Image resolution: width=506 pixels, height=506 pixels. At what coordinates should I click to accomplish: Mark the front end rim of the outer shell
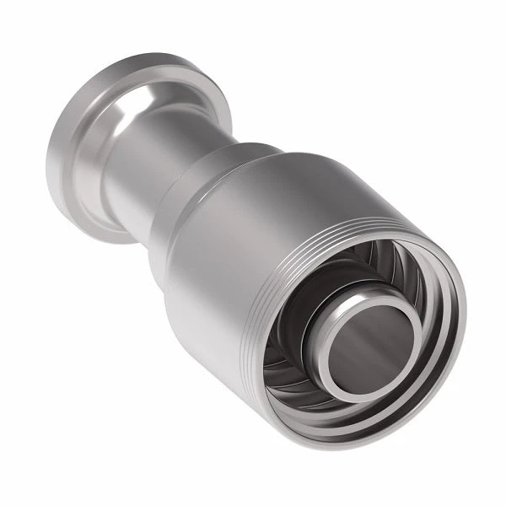coord(455,278)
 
